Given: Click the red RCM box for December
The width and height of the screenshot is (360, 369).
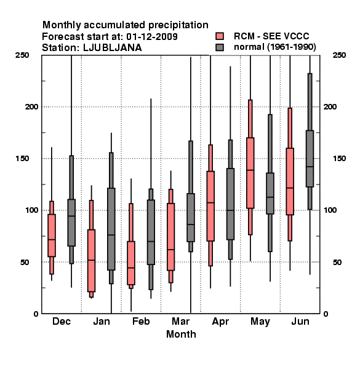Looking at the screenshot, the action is tap(52, 236).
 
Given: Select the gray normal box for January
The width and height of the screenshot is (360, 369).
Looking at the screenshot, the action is tap(111, 229).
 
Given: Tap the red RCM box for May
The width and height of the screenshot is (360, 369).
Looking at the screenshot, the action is tap(250, 173).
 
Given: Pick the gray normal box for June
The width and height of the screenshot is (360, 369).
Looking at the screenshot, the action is tap(310, 159).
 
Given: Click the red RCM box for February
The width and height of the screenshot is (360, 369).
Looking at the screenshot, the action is tap(131, 263).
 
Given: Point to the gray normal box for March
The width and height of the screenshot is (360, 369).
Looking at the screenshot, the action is tap(191, 218).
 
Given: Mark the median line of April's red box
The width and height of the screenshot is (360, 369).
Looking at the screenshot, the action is tap(210, 202).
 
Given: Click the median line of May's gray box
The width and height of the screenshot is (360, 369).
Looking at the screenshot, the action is tap(270, 197).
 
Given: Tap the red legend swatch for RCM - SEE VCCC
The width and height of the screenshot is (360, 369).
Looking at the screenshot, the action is tap(220, 36).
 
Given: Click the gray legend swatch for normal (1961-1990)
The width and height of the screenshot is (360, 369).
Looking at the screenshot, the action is tap(220, 47).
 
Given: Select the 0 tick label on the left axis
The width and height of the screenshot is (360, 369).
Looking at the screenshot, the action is tap(36, 314).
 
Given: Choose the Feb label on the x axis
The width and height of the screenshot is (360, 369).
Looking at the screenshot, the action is tap(141, 321).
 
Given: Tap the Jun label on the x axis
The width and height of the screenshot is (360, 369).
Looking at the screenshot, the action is tap(300, 321).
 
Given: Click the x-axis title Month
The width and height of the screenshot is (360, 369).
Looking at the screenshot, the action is tap(181, 334).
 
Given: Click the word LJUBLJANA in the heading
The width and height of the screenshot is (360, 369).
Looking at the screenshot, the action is tap(113, 48).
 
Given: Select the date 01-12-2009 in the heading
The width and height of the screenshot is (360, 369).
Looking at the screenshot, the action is tap(152, 36).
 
